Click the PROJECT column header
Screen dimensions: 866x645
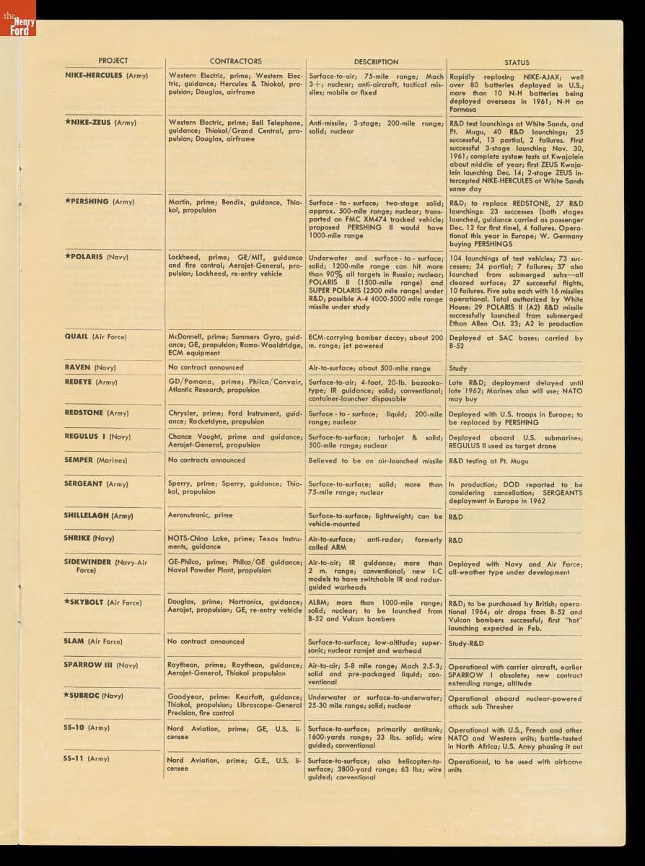tap(113, 61)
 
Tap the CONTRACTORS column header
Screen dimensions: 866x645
tap(235, 61)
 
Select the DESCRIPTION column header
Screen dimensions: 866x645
tap(376, 62)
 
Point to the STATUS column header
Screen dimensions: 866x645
tap(517, 63)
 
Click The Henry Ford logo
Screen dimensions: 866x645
tap(18, 27)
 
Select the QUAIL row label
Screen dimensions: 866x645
tap(76, 336)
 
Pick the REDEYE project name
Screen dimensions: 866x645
tap(79, 382)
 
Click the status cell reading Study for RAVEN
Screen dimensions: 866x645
tap(457, 368)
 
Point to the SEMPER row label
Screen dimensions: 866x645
tap(79, 460)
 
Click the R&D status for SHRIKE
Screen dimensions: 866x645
tap(455, 540)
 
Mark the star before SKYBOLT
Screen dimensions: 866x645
tap(66, 601)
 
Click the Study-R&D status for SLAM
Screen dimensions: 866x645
tap(466, 643)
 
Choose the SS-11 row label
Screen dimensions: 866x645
tap(75, 758)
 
